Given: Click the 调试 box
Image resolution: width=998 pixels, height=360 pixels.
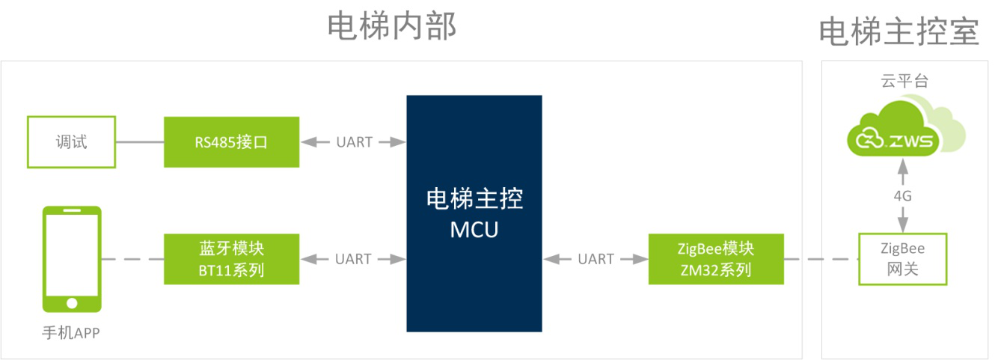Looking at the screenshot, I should click(71, 141).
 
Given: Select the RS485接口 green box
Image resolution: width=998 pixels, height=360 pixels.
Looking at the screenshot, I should click(231, 141).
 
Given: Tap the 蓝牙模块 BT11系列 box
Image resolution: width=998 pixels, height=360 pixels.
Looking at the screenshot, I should click(231, 259).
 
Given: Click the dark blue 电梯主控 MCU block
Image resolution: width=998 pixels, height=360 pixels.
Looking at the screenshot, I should click(474, 213).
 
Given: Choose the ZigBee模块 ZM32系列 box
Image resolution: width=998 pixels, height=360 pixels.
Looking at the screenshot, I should click(715, 259).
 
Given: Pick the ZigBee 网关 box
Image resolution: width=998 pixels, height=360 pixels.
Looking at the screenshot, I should click(901, 259).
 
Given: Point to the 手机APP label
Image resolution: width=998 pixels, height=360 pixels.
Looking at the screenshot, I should click(70, 332).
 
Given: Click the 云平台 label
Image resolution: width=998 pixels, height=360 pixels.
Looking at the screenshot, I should click(904, 82).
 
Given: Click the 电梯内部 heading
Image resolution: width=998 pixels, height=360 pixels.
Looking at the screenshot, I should click(392, 27).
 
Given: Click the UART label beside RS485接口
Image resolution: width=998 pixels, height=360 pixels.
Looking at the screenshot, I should click(354, 141).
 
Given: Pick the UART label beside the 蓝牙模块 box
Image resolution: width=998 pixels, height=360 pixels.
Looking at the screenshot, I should click(353, 259).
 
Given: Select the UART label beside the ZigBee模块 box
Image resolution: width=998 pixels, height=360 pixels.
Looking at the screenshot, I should click(596, 259).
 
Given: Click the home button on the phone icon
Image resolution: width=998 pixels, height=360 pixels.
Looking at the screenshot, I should click(72, 303).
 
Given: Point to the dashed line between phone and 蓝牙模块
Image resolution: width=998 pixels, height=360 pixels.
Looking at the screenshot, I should click(132, 259).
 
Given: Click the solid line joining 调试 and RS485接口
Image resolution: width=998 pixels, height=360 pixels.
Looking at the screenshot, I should click(140, 141).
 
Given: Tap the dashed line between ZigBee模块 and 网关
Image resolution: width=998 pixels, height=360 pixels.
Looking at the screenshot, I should click(820, 259).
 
